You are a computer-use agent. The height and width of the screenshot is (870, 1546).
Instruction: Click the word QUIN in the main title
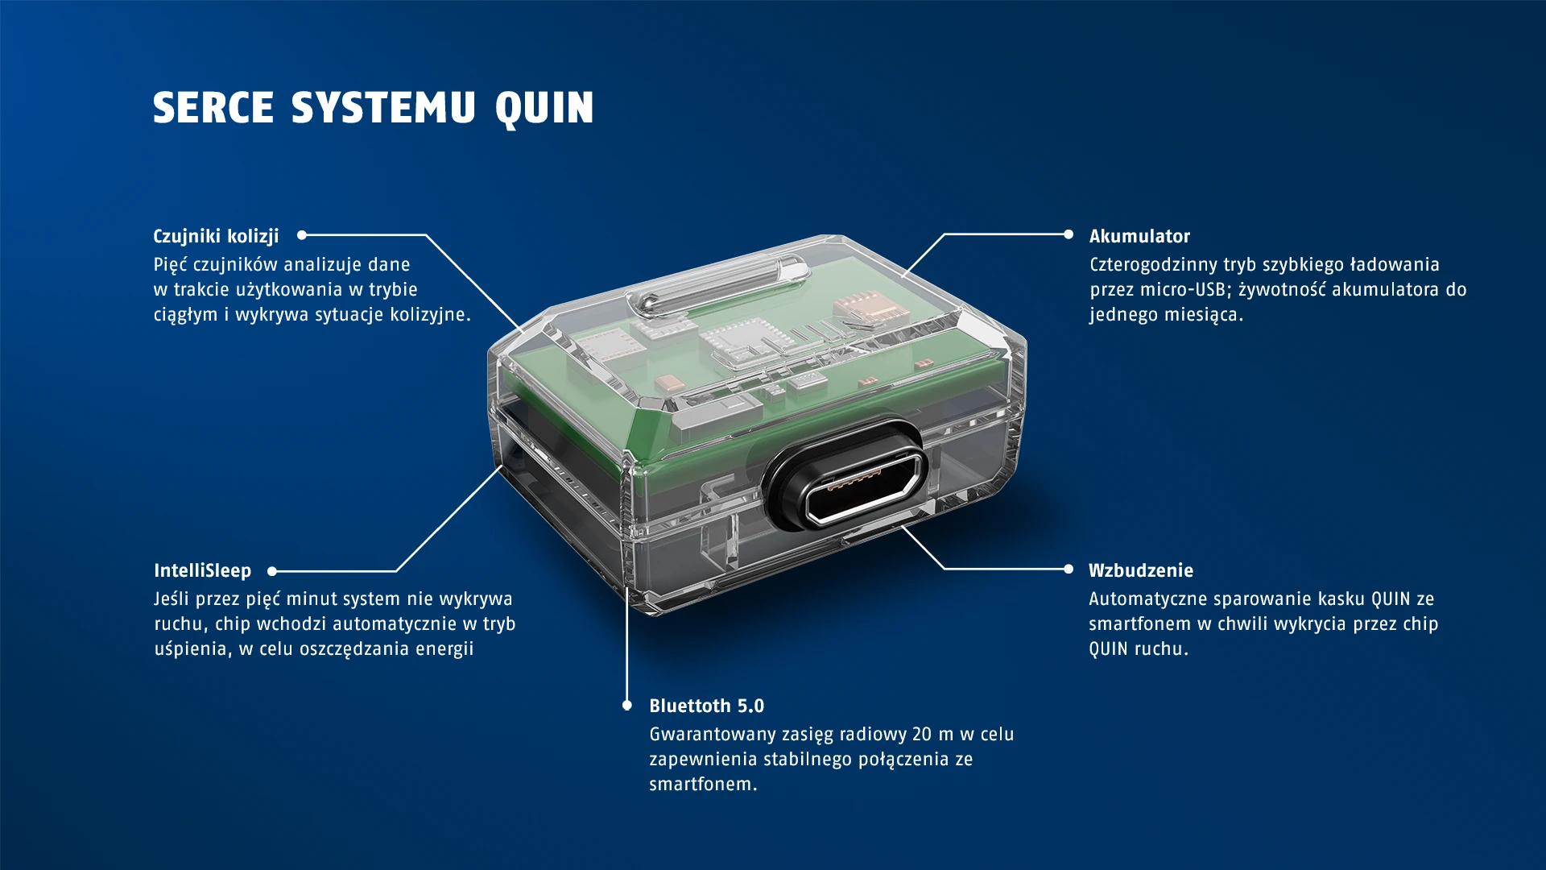(544, 108)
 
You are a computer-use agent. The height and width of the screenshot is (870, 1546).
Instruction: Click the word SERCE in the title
(213, 108)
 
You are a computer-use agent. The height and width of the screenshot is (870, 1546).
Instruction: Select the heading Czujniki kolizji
(216, 236)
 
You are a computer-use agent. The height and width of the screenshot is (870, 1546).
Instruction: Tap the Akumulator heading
(1139, 236)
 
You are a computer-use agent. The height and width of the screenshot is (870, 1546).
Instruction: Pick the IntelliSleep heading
(202, 570)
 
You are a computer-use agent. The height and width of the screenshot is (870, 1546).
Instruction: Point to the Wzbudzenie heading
(1140, 570)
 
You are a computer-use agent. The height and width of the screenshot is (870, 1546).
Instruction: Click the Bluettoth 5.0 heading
(706, 706)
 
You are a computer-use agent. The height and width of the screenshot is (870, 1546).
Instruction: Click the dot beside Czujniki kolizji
(302, 235)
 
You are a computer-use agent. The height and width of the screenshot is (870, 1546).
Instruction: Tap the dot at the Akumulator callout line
(1069, 234)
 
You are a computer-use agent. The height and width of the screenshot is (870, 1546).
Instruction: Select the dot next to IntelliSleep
(272, 571)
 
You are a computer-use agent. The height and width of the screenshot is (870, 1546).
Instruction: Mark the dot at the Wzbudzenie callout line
(1069, 569)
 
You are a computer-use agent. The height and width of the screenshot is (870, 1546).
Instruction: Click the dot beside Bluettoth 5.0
(627, 706)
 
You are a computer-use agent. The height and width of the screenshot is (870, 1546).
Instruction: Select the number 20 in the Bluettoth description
(921, 734)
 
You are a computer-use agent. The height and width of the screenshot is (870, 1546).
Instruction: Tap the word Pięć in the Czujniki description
(170, 264)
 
